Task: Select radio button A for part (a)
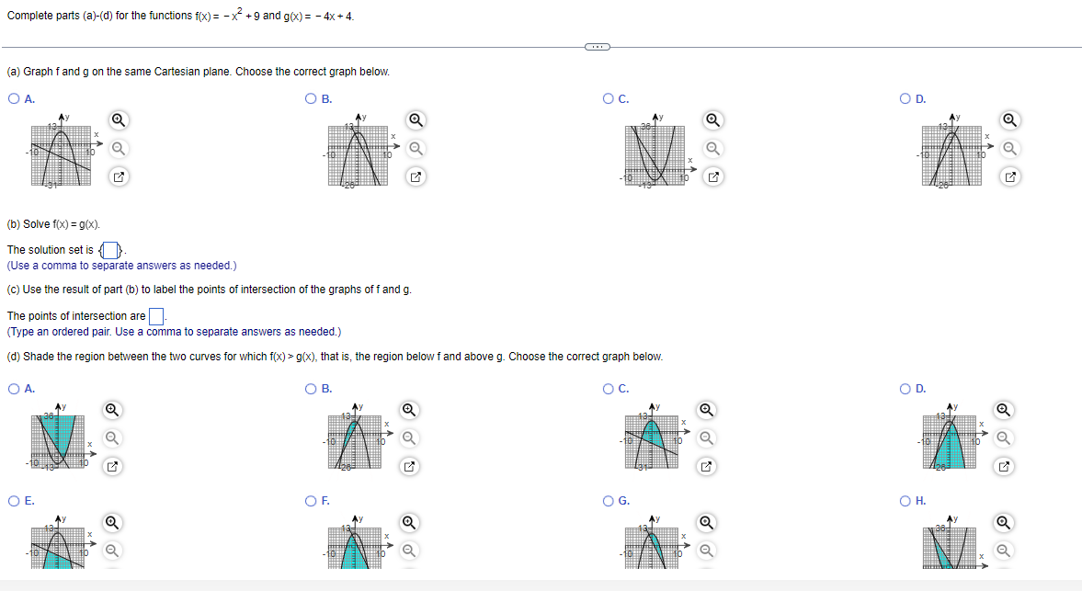click(14, 99)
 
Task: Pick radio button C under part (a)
click(609, 99)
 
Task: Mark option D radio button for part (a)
click(907, 99)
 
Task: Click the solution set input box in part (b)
click(110, 250)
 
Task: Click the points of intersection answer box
click(156, 316)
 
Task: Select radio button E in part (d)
click(14, 501)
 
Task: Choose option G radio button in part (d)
click(609, 501)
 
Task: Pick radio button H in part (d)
click(907, 501)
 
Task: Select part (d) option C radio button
click(609, 389)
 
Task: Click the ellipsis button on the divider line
click(597, 46)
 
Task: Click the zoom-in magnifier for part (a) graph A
click(118, 119)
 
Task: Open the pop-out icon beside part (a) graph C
click(712, 176)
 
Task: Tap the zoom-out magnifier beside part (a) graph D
click(1010, 148)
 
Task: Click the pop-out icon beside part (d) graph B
click(415, 467)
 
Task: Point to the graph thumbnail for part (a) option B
click(358, 150)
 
